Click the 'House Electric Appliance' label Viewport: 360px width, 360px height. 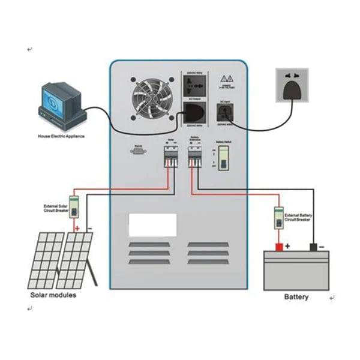coord(61,136)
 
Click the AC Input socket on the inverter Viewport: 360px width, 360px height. coord(224,113)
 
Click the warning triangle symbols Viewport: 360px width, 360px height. coord(227,79)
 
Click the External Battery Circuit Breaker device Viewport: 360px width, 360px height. coord(278,217)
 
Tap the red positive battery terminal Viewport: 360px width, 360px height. coord(278,247)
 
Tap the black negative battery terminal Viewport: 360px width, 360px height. coord(313,247)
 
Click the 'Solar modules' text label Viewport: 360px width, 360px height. coord(53,295)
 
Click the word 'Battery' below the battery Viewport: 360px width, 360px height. coord(296,297)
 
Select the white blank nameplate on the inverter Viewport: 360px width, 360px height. coord(152,225)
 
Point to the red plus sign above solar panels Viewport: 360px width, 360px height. coord(77,229)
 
